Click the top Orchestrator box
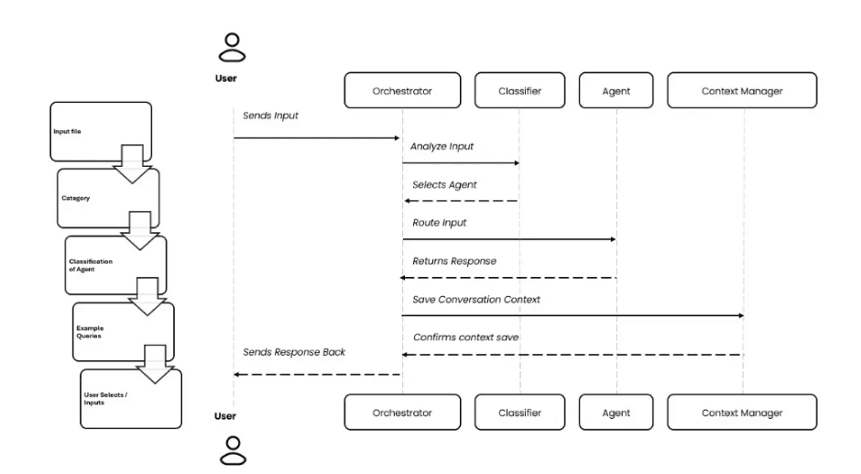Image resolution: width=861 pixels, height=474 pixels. click(402, 91)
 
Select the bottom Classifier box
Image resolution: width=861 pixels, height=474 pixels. click(519, 413)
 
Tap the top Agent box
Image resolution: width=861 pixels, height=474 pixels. click(616, 91)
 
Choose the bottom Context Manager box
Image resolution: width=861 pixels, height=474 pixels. click(742, 413)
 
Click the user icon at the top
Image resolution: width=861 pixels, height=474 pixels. click(234, 48)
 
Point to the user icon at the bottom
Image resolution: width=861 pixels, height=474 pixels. click(234, 446)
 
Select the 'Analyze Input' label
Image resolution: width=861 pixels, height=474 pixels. click(443, 145)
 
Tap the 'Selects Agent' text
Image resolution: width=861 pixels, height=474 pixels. click(444, 184)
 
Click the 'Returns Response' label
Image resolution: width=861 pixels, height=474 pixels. click(453, 260)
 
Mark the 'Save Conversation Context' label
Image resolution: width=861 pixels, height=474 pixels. click(469, 299)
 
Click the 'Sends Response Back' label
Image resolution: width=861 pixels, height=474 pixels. click(293, 352)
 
